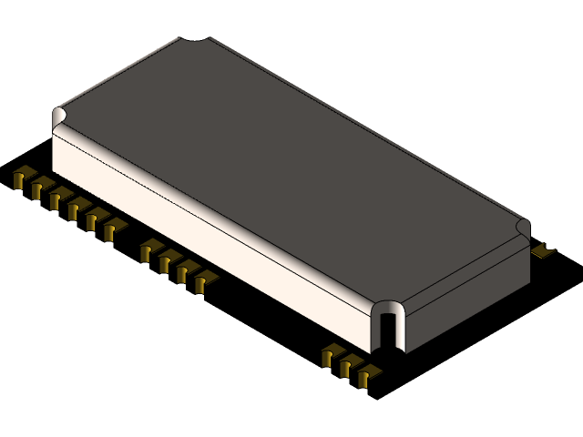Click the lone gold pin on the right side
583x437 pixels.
[x=543, y=249]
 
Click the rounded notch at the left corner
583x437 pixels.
[x=60, y=117]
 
